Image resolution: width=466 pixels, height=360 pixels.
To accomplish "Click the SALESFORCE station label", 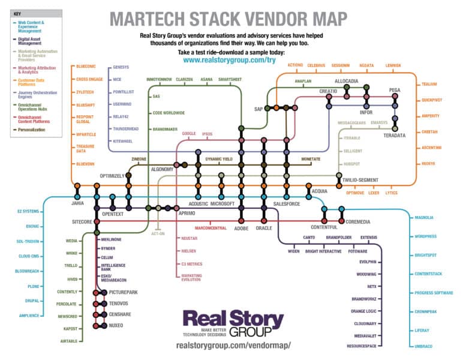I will tap(287, 204).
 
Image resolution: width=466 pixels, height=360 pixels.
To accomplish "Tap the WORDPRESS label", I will tap(426, 236).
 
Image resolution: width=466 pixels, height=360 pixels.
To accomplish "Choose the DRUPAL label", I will tap(32, 301).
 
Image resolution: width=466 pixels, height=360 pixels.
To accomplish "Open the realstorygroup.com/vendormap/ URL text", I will tap(233, 346).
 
